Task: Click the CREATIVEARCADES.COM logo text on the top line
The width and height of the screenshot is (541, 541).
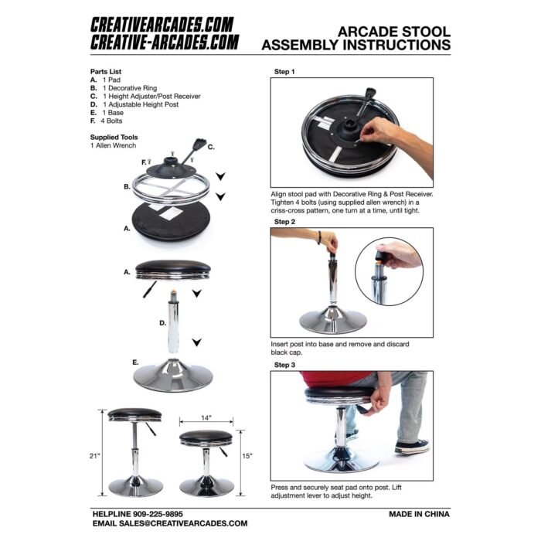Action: (162, 26)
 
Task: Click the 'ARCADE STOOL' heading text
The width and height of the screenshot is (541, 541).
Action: (394, 32)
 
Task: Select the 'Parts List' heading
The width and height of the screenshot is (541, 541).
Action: (106, 72)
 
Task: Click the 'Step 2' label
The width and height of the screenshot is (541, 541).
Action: (284, 222)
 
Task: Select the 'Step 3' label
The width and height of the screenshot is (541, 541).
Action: (284, 364)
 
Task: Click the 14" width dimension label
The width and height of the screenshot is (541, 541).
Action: (206, 418)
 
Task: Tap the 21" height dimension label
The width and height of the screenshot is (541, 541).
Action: (94, 455)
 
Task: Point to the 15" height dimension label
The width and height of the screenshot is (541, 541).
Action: (247, 455)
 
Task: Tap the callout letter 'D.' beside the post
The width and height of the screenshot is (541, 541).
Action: (162, 322)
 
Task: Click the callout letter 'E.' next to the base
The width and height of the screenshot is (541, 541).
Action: (135, 361)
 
